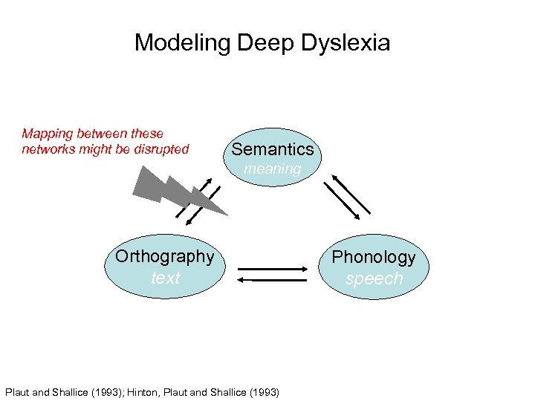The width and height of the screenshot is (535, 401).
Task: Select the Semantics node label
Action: tap(273, 150)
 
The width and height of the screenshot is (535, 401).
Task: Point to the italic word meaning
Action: tap(273, 169)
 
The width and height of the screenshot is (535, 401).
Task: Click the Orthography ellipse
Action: tap(165, 267)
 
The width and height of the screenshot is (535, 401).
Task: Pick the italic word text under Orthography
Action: tap(165, 278)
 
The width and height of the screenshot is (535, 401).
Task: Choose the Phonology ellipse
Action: tap(374, 267)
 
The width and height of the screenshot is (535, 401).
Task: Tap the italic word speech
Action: tap(374, 278)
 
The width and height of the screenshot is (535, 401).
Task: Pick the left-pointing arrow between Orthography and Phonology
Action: tap(273, 279)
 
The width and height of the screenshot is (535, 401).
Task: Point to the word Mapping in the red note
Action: tap(47, 134)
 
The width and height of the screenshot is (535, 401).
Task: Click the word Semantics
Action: tap(273, 150)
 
